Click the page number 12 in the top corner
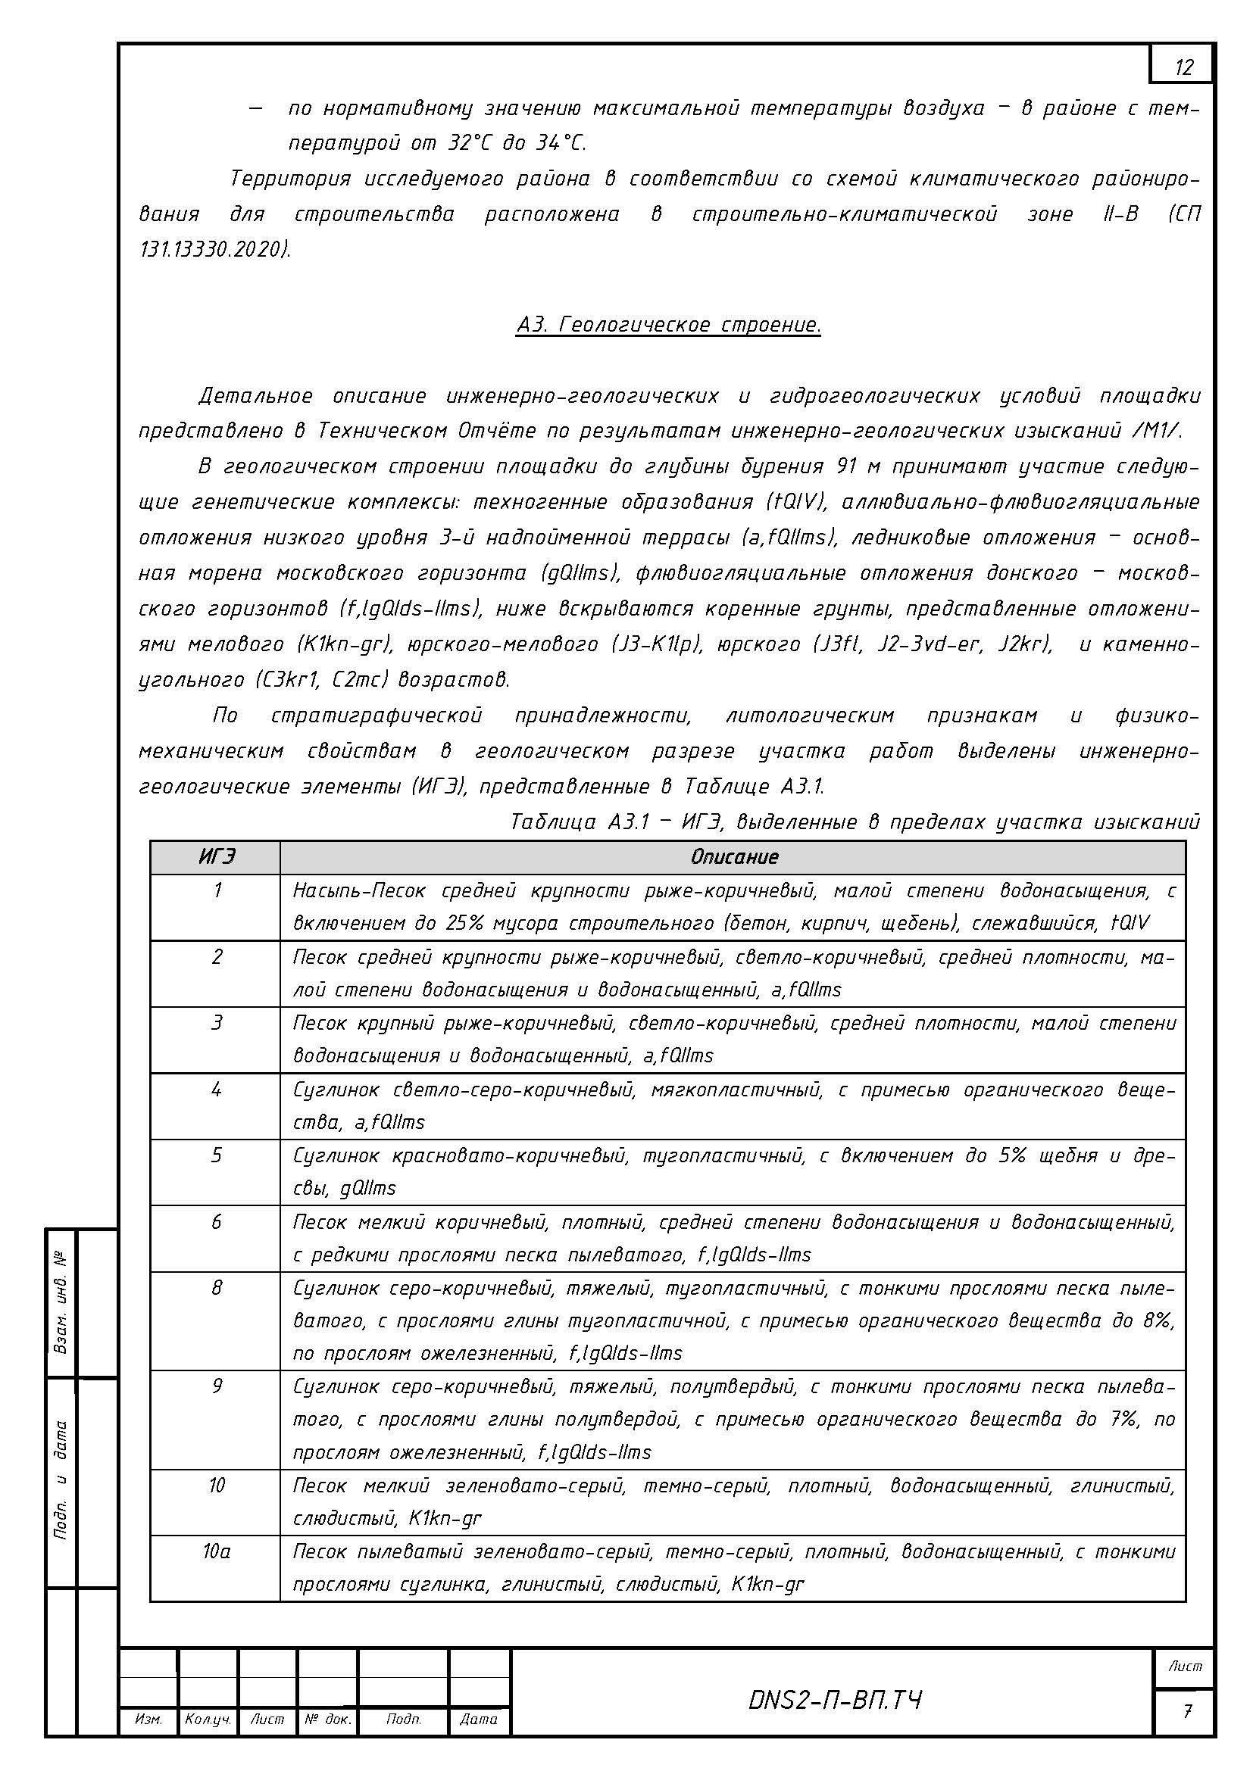1183,68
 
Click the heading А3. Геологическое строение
668,325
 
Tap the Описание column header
734,857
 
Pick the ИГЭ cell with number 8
217,1288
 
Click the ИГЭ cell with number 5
217,1155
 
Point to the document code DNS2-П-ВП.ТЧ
834,1700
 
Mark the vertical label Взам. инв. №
61,1303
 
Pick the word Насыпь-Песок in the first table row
360,891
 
